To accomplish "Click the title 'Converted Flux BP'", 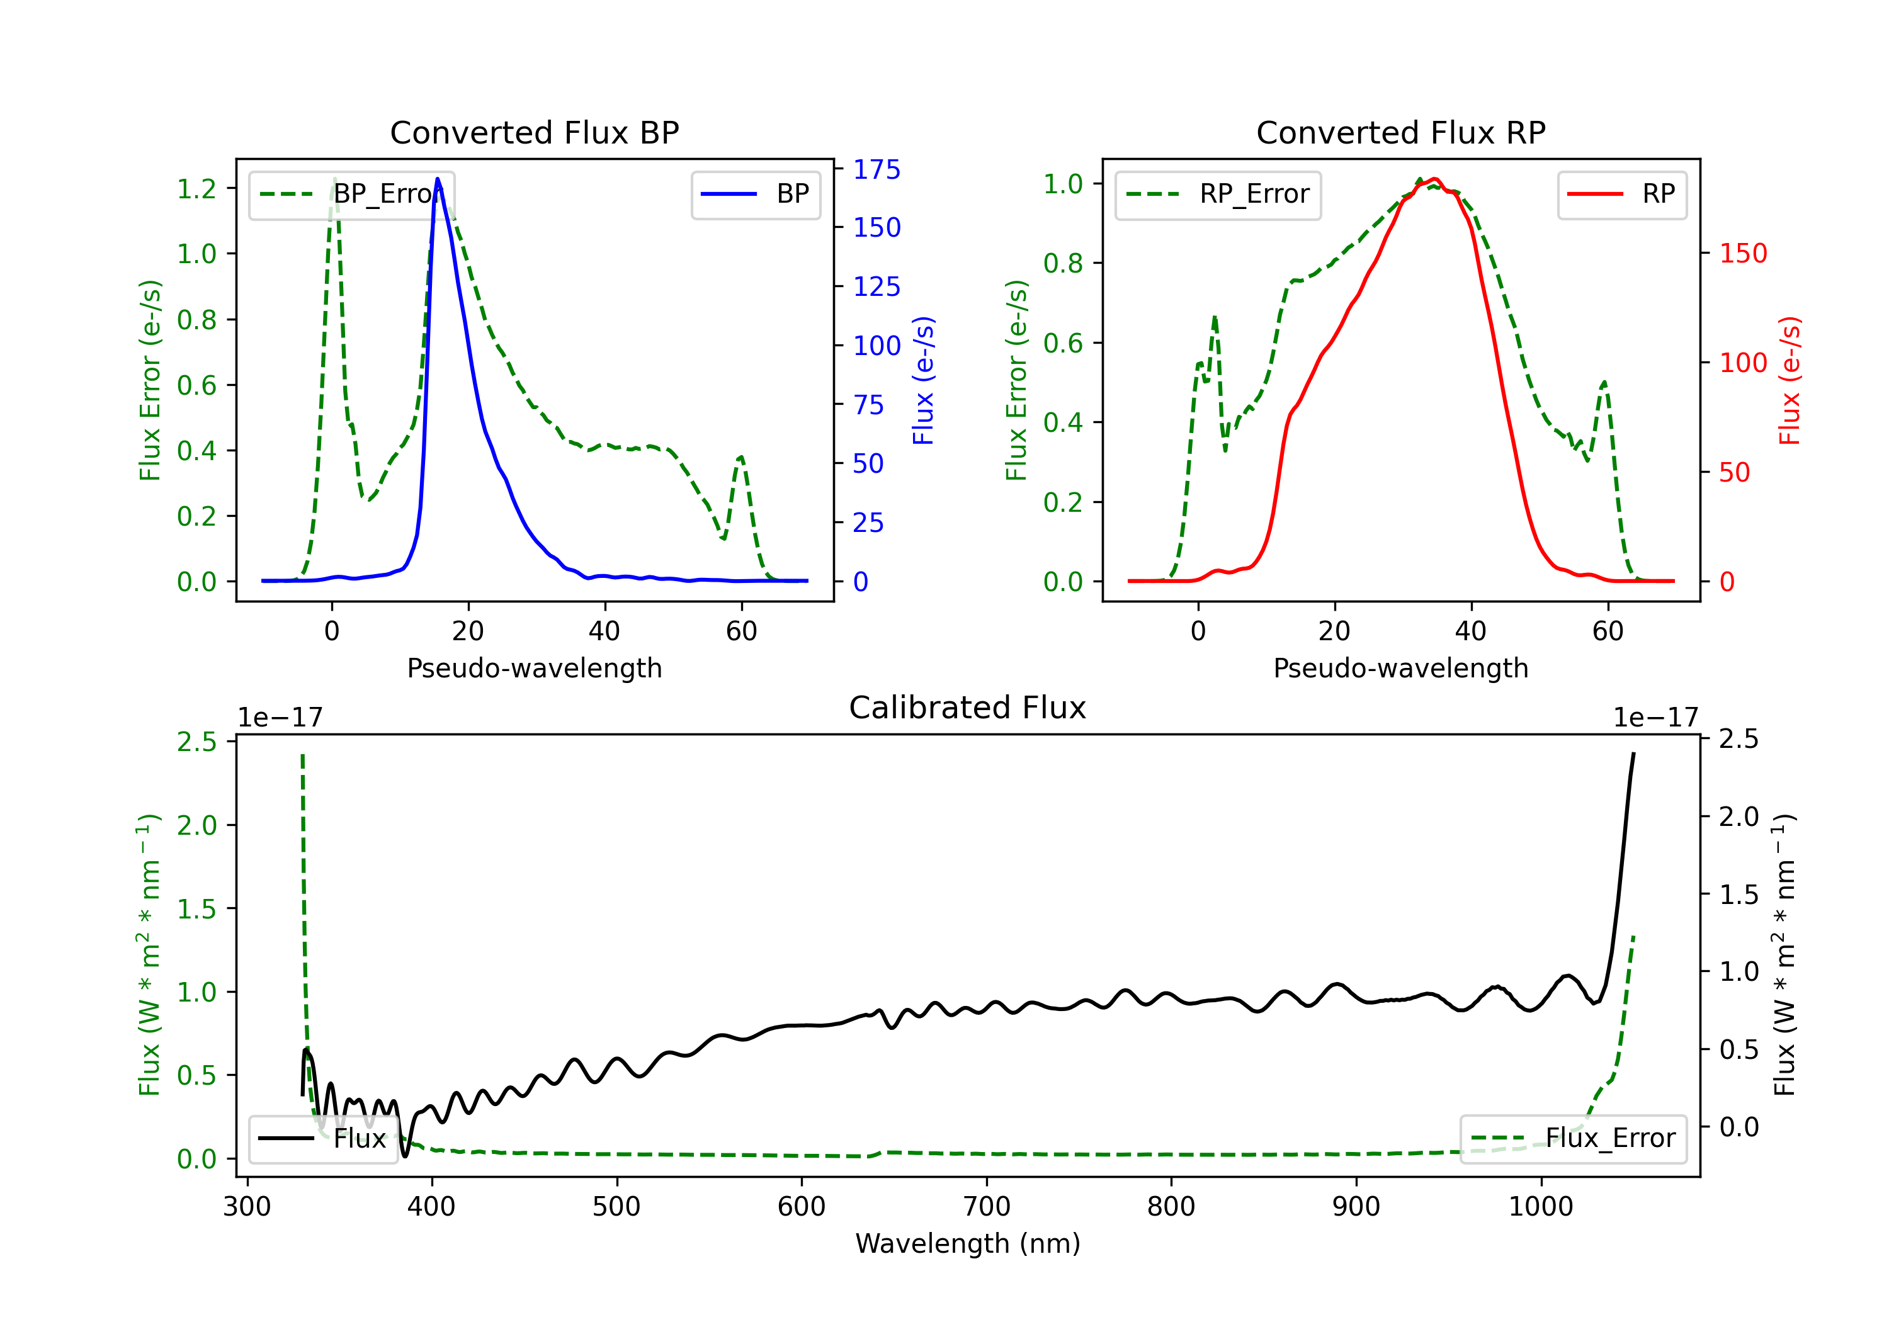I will click(534, 132).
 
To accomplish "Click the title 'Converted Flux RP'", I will click(1400, 132).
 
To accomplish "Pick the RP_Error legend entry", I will click(1218, 194).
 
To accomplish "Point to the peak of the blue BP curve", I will click(438, 179).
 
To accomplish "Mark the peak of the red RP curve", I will click(1434, 179).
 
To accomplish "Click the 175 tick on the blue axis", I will click(876, 169).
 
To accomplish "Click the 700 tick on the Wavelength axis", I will click(987, 1206).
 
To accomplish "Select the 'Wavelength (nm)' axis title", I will click(968, 1243).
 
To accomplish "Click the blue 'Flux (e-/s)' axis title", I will click(923, 380).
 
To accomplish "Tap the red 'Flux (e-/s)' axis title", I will click(1790, 380).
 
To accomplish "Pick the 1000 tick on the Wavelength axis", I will click(1540, 1206).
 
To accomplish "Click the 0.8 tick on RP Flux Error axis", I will click(1063, 263).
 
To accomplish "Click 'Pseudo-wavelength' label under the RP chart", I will click(1400, 668).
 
